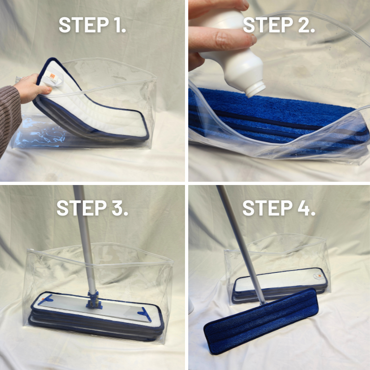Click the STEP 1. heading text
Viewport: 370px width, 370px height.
coord(92,25)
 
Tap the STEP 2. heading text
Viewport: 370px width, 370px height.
coord(279,25)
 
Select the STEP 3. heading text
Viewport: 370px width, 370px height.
coord(92,208)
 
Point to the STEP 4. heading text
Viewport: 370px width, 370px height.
coord(279,208)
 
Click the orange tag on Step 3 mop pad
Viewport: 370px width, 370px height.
coord(43,299)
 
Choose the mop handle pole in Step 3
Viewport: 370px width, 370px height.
coord(85,238)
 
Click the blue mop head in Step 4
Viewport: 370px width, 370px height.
coord(261,321)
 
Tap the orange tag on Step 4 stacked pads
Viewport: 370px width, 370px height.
coord(320,275)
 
